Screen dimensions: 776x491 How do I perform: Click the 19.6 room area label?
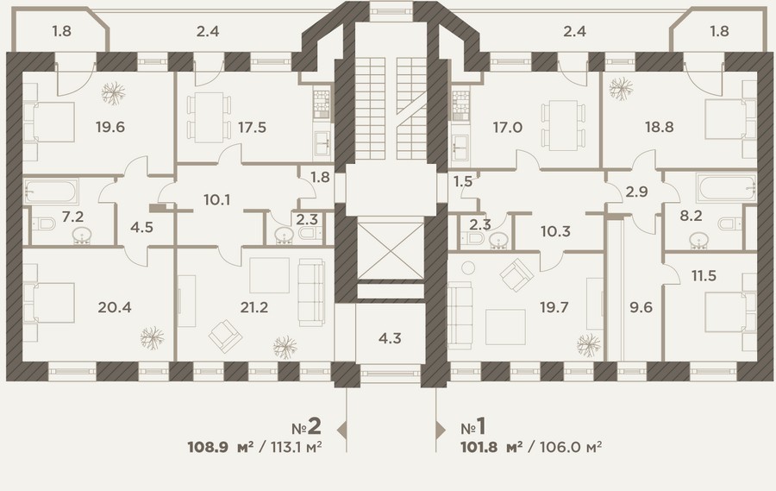coord(110,128)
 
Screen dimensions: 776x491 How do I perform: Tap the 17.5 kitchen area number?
coord(252,128)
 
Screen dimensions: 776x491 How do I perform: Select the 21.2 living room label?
coord(253,308)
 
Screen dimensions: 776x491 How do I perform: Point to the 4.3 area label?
coord(390,338)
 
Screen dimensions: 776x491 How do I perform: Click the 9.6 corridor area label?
coord(641,308)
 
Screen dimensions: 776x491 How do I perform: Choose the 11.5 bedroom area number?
coord(704,275)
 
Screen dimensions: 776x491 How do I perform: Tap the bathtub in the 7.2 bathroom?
coord(51,192)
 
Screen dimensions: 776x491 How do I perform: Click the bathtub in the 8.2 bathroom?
coord(727,188)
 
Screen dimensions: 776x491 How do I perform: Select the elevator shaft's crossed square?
coord(391,251)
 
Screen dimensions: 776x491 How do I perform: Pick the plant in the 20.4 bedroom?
coord(152,338)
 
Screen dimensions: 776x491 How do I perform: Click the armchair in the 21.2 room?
coord(226,337)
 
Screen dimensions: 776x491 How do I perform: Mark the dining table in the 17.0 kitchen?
coord(563,125)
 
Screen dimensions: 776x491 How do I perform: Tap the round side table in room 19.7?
coord(468,268)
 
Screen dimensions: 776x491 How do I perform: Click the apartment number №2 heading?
coord(306,426)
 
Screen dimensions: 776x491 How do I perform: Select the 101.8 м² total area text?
coord(491,447)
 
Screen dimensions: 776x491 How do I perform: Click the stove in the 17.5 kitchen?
coord(321,103)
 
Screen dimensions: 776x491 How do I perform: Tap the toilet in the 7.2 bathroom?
coord(44,224)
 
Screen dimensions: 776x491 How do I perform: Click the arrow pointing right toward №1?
coord(441,430)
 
